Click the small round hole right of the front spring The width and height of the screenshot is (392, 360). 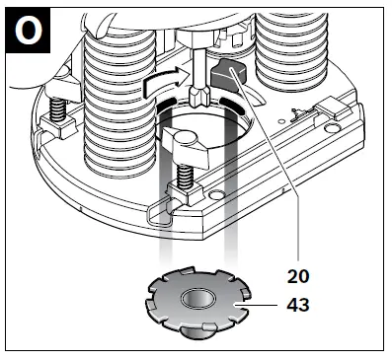[x=211, y=194]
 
